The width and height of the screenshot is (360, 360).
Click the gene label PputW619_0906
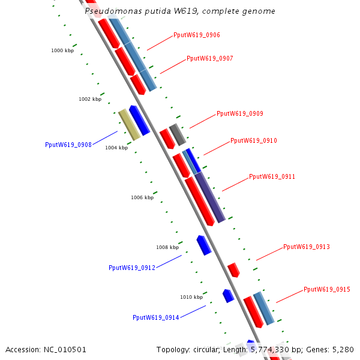(196, 35)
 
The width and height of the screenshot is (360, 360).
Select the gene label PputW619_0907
(209, 58)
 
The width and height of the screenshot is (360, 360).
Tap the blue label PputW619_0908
(68, 145)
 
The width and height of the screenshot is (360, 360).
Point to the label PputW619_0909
(239, 113)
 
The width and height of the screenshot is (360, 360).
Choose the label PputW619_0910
(253, 140)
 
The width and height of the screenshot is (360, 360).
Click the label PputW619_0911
(272, 176)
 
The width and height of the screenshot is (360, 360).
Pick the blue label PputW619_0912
(131, 268)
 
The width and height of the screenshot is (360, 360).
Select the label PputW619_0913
(306, 247)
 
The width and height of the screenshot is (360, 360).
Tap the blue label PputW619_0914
(155, 317)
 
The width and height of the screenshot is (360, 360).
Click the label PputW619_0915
(326, 289)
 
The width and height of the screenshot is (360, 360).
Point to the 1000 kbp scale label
(62, 51)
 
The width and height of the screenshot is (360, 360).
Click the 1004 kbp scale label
(116, 147)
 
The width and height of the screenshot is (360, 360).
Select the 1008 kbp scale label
(167, 247)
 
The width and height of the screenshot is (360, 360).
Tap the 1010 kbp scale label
(191, 297)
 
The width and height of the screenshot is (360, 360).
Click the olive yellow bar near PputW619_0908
(129, 125)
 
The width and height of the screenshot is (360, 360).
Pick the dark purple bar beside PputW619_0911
(210, 197)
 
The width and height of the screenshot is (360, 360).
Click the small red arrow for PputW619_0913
(233, 269)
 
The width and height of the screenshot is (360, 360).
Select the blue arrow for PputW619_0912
(204, 245)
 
